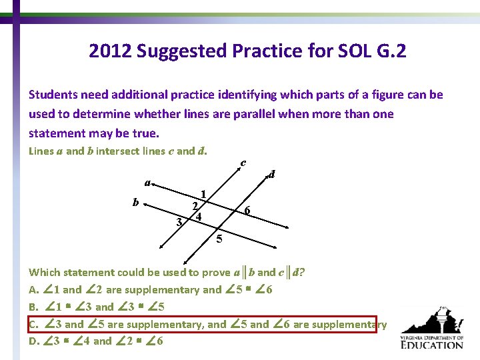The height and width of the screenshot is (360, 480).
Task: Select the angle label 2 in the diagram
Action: pos(194,206)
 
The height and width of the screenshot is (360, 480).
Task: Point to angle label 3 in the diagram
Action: pos(179,221)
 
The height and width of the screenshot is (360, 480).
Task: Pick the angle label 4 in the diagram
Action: pos(199,216)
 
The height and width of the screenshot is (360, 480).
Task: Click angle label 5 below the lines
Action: pos(220,238)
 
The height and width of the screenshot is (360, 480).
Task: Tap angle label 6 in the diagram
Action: pos(247,211)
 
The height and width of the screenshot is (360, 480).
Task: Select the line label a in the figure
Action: pos(148,182)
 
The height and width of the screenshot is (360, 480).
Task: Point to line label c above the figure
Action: pos(243,162)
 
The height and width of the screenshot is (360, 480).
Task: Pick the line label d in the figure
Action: pos(271,175)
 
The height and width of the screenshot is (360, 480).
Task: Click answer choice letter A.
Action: pos(33,290)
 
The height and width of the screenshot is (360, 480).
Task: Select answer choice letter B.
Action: pos(33,307)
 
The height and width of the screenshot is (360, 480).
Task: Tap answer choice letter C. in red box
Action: pos(33,325)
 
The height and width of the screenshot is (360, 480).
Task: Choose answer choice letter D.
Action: pos(33,341)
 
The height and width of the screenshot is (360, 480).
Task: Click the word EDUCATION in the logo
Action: pos(433,345)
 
